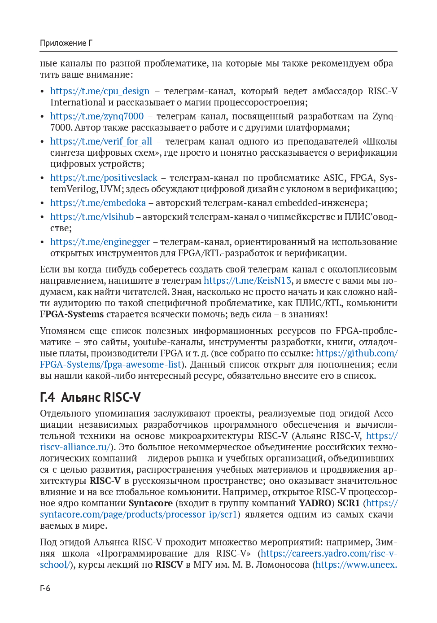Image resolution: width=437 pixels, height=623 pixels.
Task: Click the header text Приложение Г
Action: click(66, 43)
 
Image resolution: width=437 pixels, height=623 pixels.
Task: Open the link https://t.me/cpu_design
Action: click(100, 91)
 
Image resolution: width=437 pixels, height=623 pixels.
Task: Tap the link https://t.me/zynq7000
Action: click(97, 116)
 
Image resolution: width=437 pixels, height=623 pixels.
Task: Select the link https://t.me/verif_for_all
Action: click(101, 141)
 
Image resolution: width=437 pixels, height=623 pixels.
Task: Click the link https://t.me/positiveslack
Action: click(104, 178)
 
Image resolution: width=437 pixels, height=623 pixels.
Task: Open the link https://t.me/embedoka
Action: click(98, 203)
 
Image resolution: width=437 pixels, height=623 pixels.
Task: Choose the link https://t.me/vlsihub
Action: click(92, 217)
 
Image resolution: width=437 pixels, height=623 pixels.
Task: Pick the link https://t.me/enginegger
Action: click(100, 242)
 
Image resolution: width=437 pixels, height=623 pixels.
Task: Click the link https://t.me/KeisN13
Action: click(247, 281)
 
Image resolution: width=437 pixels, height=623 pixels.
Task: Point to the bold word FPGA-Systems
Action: click(72, 314)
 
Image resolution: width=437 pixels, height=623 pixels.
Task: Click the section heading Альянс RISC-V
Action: click(101, 397)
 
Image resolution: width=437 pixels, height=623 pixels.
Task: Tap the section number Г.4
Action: click(47, 397)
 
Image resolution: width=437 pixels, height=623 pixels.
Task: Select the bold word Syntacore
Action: click(150, 503)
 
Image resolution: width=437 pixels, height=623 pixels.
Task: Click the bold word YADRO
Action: click(315, 503)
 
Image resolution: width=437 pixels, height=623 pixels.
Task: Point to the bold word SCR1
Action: click(348, 503)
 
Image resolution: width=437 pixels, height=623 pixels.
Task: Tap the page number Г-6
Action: click(45, 588)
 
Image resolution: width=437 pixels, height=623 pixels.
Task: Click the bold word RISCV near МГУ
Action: click(169, 565)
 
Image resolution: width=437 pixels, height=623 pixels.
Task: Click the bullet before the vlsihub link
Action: click(42, 217)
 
